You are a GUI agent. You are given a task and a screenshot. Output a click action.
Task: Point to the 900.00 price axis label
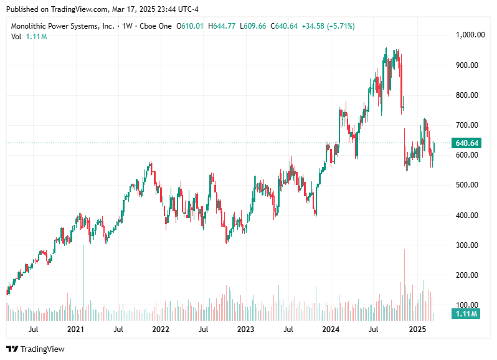pos(466,65)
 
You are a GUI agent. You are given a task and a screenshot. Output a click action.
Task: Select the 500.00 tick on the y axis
pos(466,185)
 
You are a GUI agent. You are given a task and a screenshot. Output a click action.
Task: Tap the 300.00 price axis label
pos(466,245)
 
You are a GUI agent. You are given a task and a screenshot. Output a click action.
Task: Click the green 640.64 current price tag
pos(466,143)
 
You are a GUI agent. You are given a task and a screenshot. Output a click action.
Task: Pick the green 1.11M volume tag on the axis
pos(466,314)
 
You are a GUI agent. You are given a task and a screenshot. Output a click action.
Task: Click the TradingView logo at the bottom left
pos(35,349)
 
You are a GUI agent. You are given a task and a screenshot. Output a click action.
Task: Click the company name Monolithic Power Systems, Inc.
pos(62,26)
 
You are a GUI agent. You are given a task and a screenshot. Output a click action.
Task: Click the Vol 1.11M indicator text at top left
pos(29,37)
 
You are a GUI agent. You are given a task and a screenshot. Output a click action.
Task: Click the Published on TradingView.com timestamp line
pos(101,9)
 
